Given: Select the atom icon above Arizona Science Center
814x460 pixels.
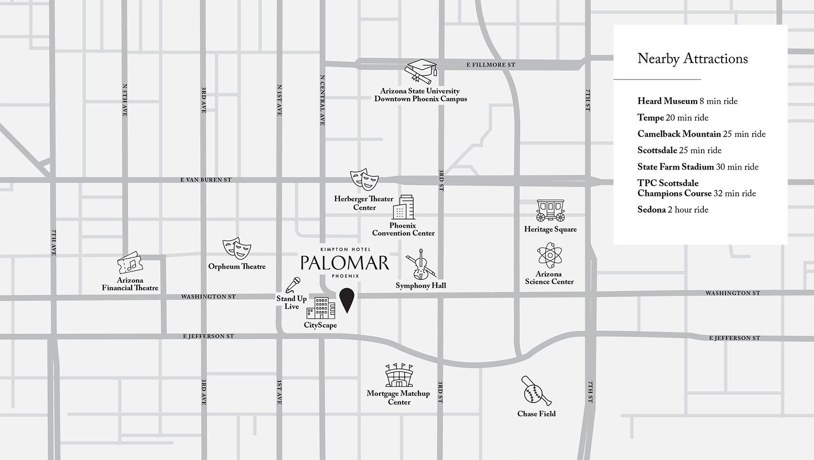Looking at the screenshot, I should click(x=549, y=255).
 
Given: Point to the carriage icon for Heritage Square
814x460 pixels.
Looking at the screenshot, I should click(x=550, y=211).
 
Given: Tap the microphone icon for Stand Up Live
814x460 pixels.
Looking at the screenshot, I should click(x=293, y=285).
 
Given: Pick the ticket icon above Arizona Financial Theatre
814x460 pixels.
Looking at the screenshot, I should click(x=129, y=263).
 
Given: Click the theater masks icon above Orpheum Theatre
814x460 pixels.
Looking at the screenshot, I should click(x=237, y=248).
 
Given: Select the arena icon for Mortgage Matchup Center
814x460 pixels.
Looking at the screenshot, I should click(x=399, y=376).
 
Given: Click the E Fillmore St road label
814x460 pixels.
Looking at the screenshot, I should click(x=491, y=65).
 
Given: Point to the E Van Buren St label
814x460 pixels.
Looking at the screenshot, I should click(x=205, y=180).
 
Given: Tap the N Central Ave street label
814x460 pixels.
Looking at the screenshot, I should click(x=322, y=100).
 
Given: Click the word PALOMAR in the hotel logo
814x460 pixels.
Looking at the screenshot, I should click(x=345, y=263).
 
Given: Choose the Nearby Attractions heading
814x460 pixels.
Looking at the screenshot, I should click(x=692, y=59).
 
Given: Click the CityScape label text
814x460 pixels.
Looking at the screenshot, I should click(x=320, y=325).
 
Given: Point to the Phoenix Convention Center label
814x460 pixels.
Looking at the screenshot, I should click(x=403, y=229).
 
